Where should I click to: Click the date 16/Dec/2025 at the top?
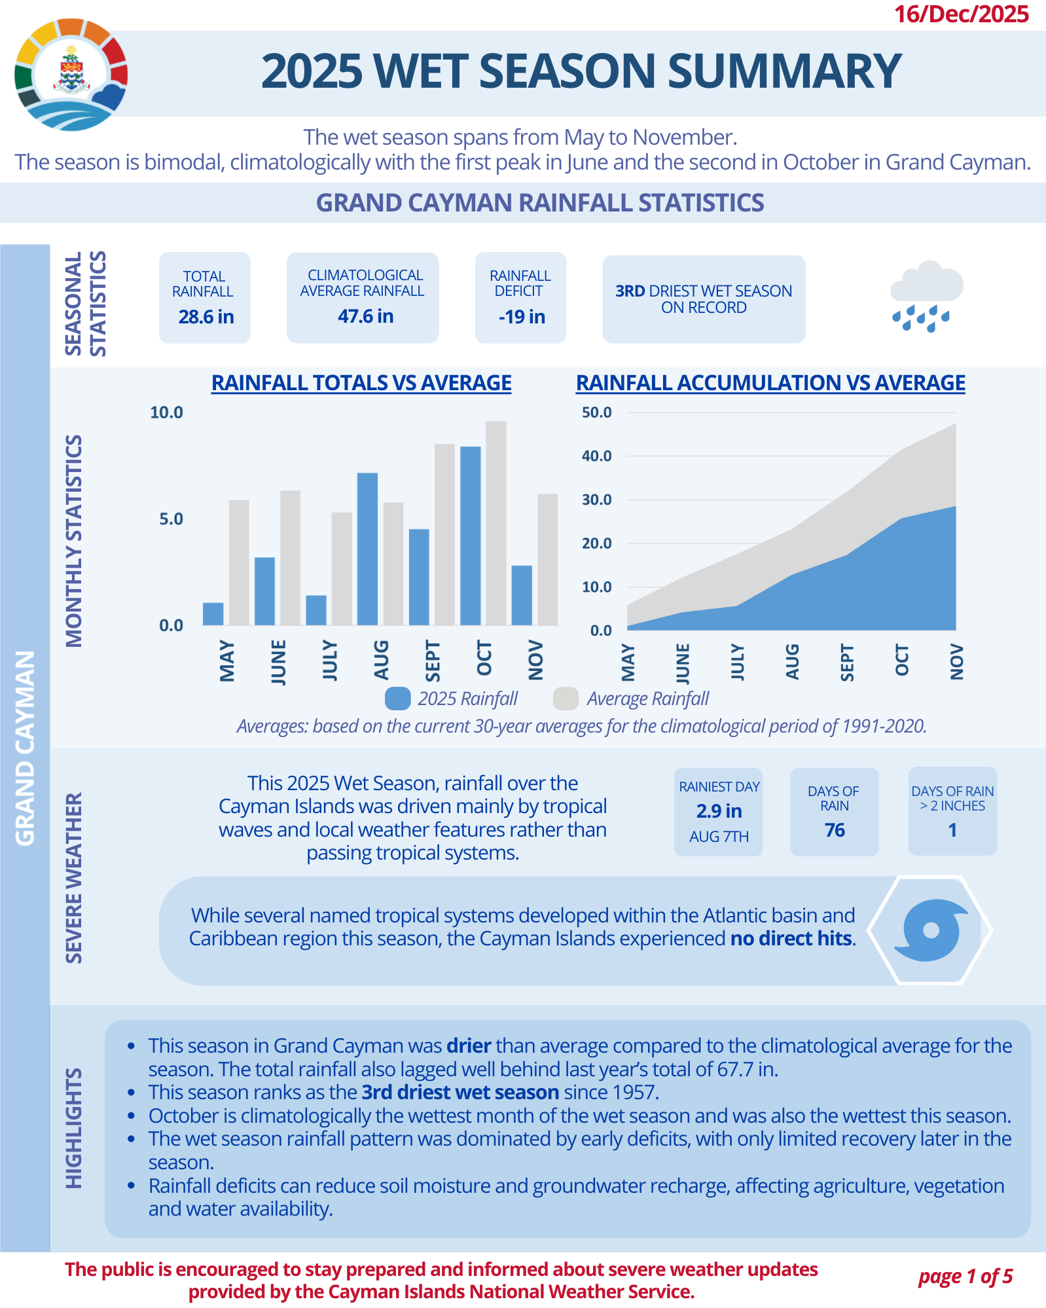[961, 14]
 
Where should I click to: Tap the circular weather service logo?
[71, 75]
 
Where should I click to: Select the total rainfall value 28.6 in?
[206, 317]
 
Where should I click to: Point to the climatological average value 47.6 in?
[365, 316]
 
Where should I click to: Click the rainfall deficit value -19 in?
[522, 317]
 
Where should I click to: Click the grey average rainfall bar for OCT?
[496, 523]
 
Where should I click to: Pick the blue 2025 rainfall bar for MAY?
[213, 614]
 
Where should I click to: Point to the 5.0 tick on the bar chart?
[171, 519]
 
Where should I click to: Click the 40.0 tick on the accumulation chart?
[596, 456]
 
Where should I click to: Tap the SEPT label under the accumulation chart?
[846, 663]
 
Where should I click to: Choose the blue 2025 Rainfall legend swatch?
[397, 699]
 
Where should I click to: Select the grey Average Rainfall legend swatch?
[566, 699]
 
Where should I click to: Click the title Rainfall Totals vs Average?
[361, 383]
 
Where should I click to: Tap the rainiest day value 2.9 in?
[719, 811]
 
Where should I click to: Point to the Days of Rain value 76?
[835, 830]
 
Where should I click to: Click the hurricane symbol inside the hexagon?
[930, 930]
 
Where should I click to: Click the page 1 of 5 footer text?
[965, 1277]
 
